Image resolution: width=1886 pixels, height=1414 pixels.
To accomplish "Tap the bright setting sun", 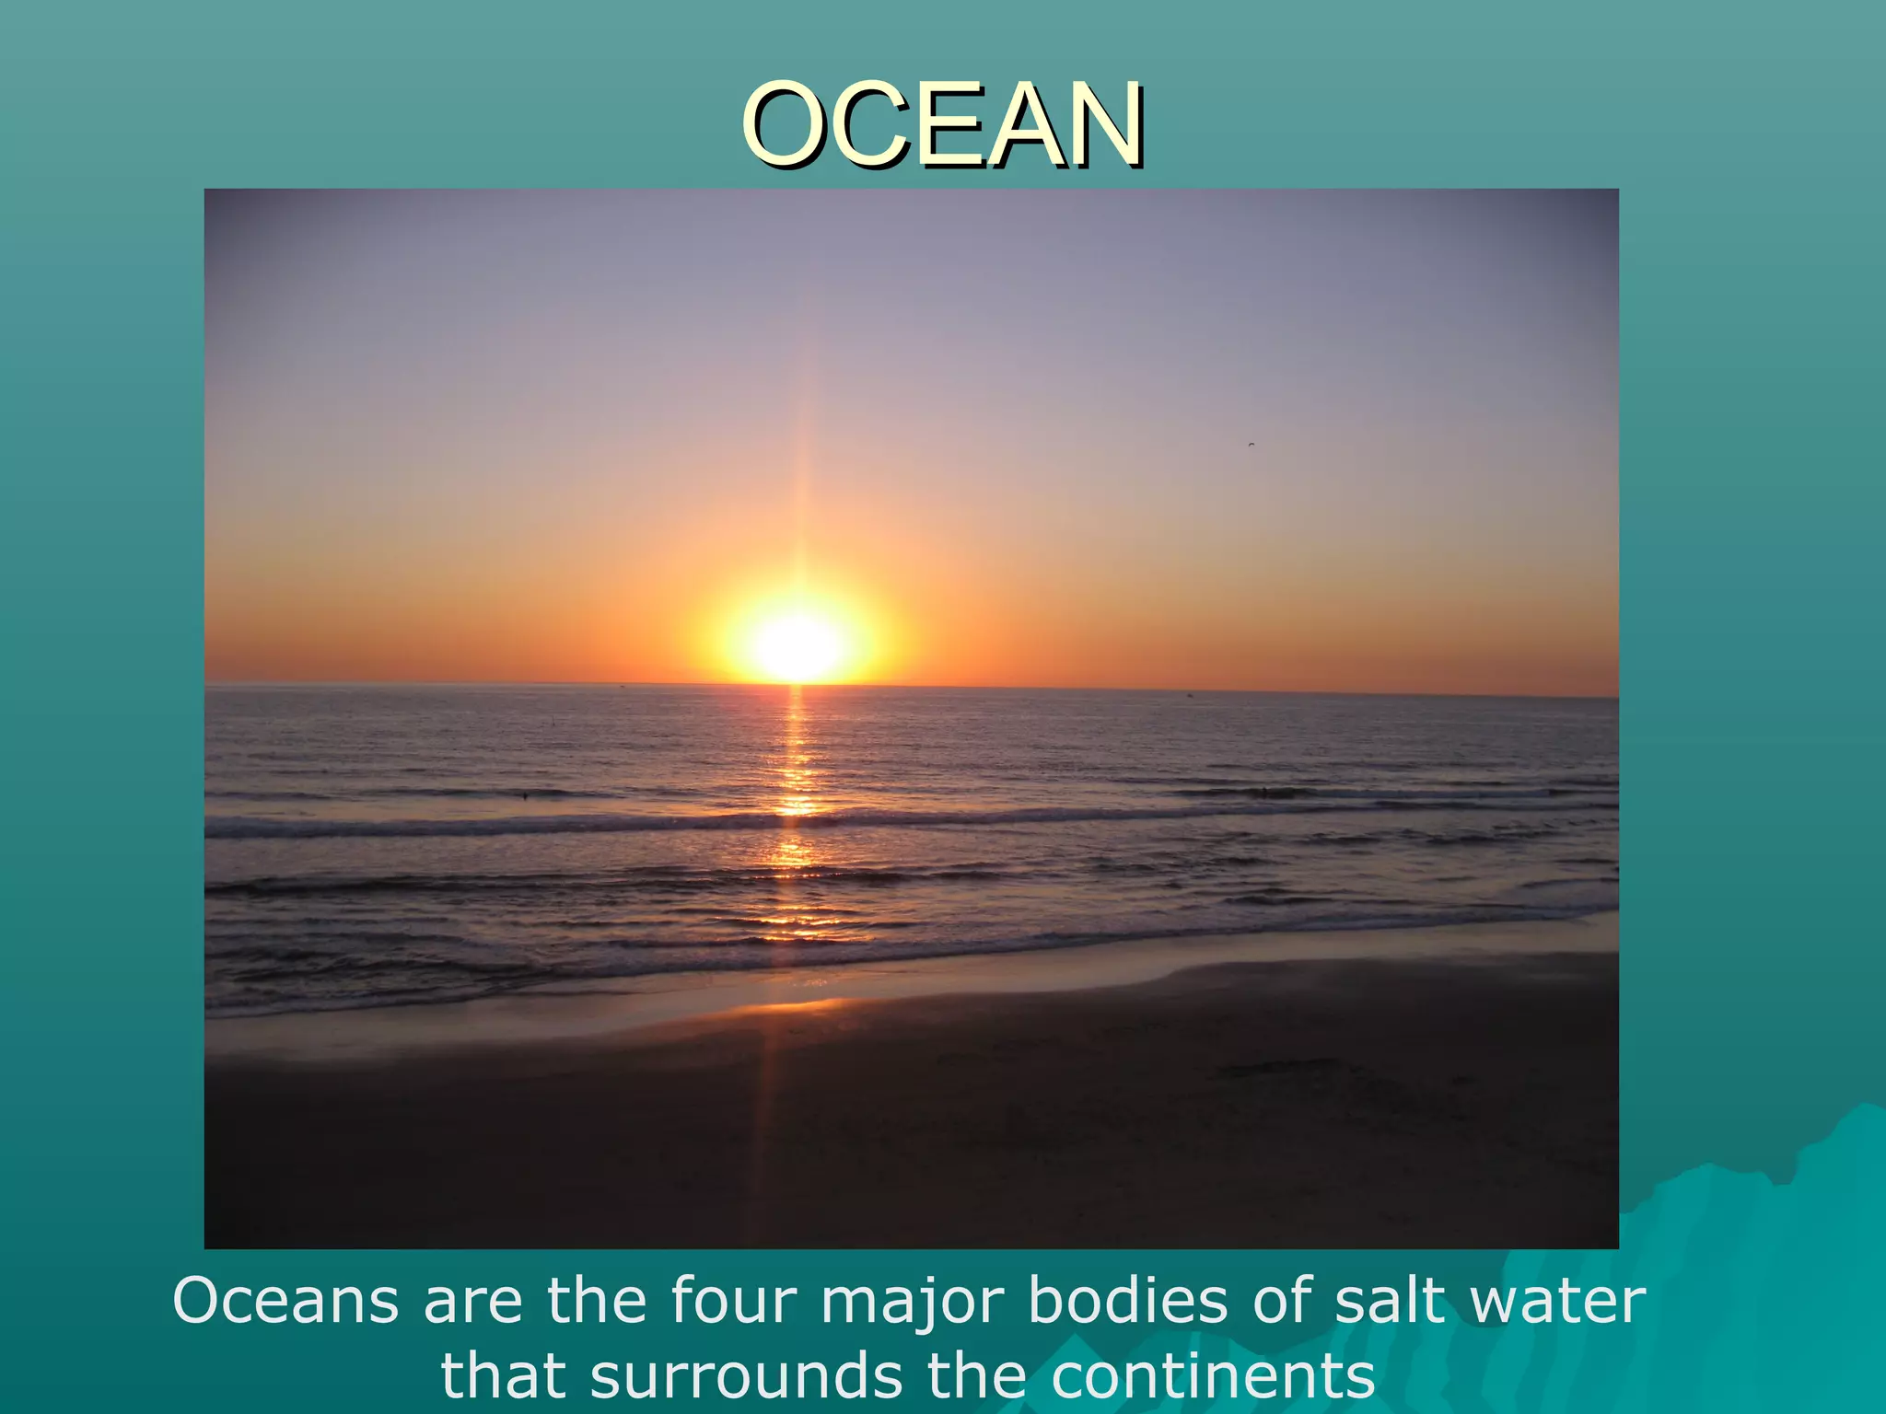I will point(798,644).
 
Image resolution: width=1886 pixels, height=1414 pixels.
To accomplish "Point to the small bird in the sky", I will point(1251,445).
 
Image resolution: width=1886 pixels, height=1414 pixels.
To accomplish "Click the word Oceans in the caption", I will point(285,1301).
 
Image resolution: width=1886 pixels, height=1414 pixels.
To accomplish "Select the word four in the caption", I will point(733,1301).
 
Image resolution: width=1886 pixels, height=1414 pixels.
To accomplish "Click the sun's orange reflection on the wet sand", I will point(792,1008).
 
